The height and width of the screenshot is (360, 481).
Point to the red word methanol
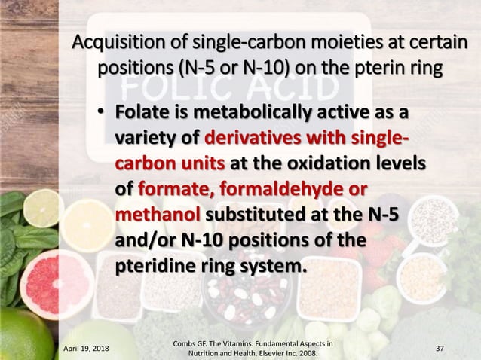coord(157,216)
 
